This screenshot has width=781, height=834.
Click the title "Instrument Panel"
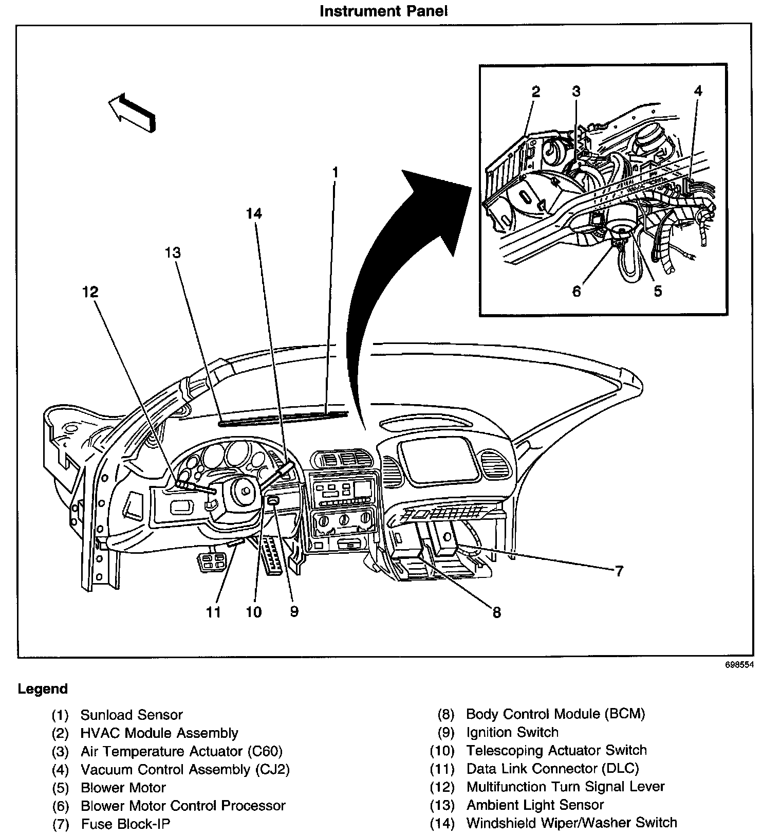tap(383, 11)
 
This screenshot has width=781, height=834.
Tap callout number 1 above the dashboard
tap(335, 172)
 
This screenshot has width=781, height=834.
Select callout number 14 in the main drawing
tap(254, 213)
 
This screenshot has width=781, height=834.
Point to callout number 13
tap(173, 253)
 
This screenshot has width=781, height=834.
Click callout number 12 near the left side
tap(90, 292)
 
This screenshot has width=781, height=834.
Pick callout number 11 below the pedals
tap(214, 612)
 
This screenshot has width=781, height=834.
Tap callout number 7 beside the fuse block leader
tap(619, 571)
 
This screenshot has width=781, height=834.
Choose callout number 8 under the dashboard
tap(496, 612)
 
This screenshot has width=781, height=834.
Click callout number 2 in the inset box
tap(536, 92)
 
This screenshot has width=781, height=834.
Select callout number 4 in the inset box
tap(697, 91)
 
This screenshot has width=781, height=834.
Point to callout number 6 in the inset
tap(577, 292)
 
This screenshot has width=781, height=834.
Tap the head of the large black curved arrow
tap(437, 206)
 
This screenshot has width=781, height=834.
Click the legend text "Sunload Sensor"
tap(132, 715)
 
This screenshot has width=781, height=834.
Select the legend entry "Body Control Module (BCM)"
tap(555, 714)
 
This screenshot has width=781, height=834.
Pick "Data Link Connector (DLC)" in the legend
tap(552, 769)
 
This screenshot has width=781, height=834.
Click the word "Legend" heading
tap(43, 689)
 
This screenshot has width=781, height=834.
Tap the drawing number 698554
tap(739, 664)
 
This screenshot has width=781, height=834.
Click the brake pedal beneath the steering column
tap(212, 562)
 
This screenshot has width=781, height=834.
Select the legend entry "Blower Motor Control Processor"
tap(183, 805)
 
